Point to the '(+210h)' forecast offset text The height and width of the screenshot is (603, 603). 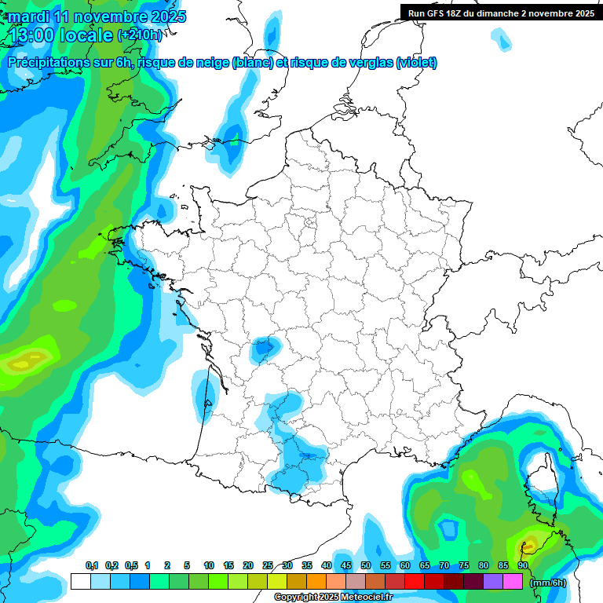click(x=140, y=35)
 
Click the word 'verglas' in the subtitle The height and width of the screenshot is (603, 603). click(x=365, y=63)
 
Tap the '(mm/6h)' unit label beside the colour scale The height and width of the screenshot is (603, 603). click(x=549, y=582)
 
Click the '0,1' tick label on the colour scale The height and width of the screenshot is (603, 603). click(x=92, y=566)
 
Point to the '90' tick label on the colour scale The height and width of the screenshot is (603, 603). click(x=523, y=566)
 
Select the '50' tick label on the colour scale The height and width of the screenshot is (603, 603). click(x=366, y=566)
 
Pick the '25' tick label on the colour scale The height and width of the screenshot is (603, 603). click(x=268, y=566)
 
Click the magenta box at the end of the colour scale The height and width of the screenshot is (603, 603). click(x=513, y=582)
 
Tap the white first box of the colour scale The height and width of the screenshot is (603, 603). click(x=80, y=582)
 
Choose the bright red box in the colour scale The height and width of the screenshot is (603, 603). click(x=415, y=582)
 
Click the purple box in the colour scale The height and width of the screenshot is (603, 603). click(x=493, y=582)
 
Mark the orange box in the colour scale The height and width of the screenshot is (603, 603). click(x=316, y=582)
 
